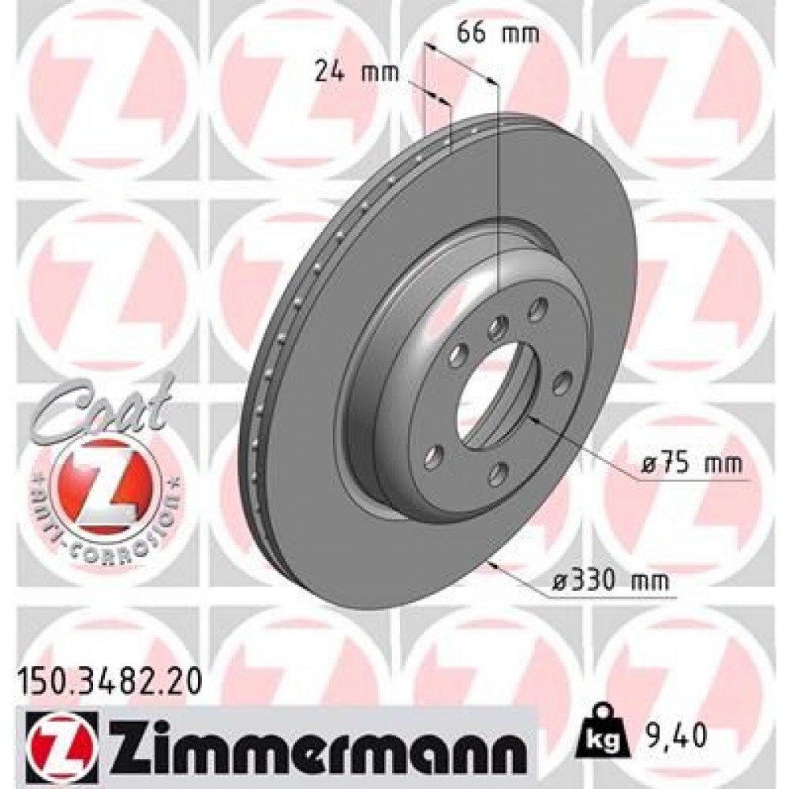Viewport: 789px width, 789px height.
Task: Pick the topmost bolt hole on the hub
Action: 540,308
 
